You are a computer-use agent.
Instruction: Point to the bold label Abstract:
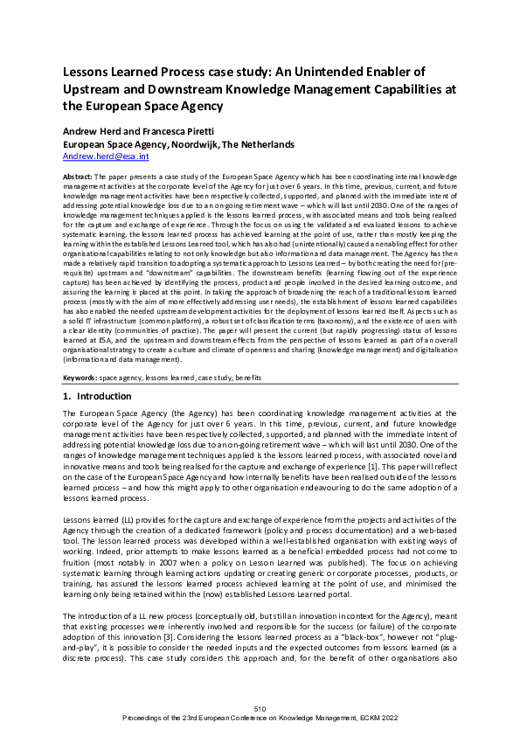[78, 176]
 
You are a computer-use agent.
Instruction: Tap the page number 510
[260, 707]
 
